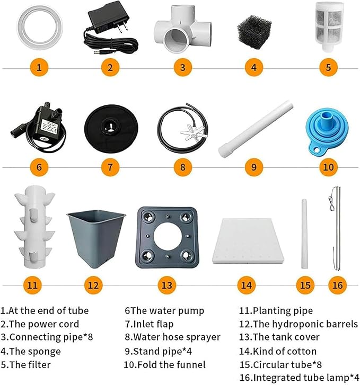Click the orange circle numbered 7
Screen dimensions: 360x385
(x=110, y=167)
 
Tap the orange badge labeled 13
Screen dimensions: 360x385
(x=166, y=285)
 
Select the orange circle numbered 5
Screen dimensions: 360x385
(x=328, y=68)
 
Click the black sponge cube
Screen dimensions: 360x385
(x=254, y=32)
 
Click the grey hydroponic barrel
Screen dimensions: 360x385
(x=96, y=238)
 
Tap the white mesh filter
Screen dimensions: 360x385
(x=329, y=26)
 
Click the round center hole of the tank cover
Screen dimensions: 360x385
(x=168, y=237)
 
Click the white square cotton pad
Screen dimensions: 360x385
(x=248, y=241)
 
